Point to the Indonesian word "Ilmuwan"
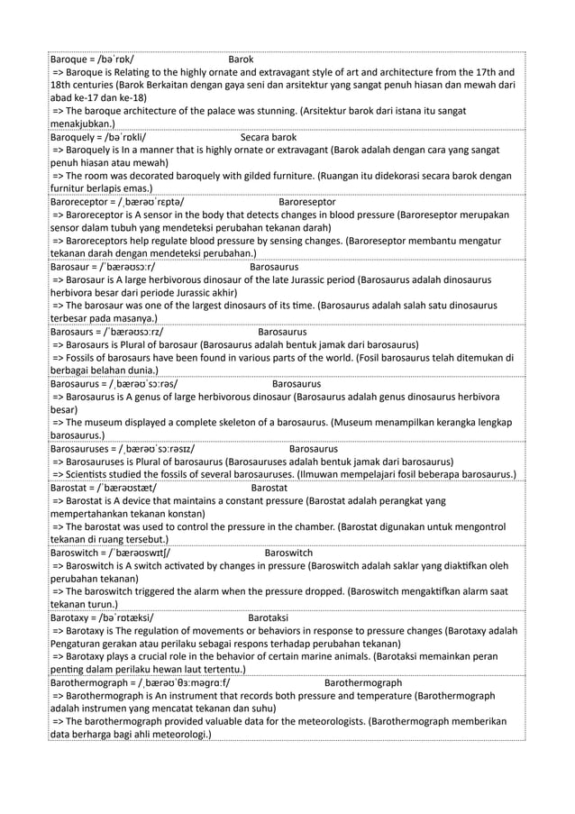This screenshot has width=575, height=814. click(342, 474)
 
